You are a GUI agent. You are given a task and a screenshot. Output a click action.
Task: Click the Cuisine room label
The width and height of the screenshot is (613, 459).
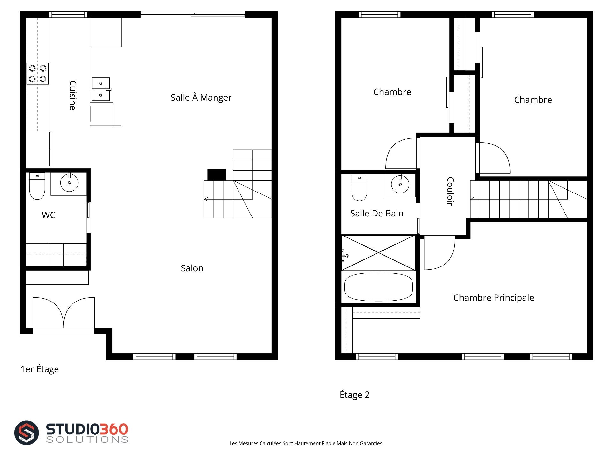tap(73, 95)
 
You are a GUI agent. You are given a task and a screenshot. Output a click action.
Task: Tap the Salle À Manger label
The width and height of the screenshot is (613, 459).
tap(201, 98)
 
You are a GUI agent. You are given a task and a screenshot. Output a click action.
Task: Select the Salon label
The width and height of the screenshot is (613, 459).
tap(192, 268)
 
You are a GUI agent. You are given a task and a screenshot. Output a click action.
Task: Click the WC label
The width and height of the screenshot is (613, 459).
tap(49, 215)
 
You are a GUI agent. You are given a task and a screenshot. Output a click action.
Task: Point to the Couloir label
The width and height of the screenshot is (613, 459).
tap(450, 191)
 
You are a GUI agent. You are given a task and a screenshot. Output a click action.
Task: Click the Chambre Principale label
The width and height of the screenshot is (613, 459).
tap(494, 298)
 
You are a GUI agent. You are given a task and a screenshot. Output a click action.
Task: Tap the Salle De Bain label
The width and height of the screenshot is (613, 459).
tap(377, 213)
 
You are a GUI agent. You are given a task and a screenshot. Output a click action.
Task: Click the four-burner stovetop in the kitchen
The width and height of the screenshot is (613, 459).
tap(38, 74)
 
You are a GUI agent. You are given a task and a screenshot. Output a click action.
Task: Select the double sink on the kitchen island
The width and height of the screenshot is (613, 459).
tap(101, 89)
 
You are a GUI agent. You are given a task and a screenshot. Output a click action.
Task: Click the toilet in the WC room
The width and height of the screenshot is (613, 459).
tap(37, 186)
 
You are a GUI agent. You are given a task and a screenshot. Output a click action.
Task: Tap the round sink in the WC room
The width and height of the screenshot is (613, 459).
tap(69, 182)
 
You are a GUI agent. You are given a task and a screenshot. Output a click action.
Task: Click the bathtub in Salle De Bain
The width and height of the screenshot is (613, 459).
tap(379, 287)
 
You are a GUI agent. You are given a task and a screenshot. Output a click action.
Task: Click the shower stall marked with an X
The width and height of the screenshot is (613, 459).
tap(379, 253)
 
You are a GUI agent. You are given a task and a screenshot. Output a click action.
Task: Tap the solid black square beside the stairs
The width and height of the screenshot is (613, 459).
tap(216, 175)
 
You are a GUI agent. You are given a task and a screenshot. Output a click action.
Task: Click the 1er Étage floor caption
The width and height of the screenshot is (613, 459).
tap(40, 369)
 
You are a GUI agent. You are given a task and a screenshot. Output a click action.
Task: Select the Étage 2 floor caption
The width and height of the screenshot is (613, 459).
tap(354, 395)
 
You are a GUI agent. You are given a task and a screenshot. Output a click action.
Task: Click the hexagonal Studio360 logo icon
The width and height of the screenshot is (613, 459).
tap(26, 433)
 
